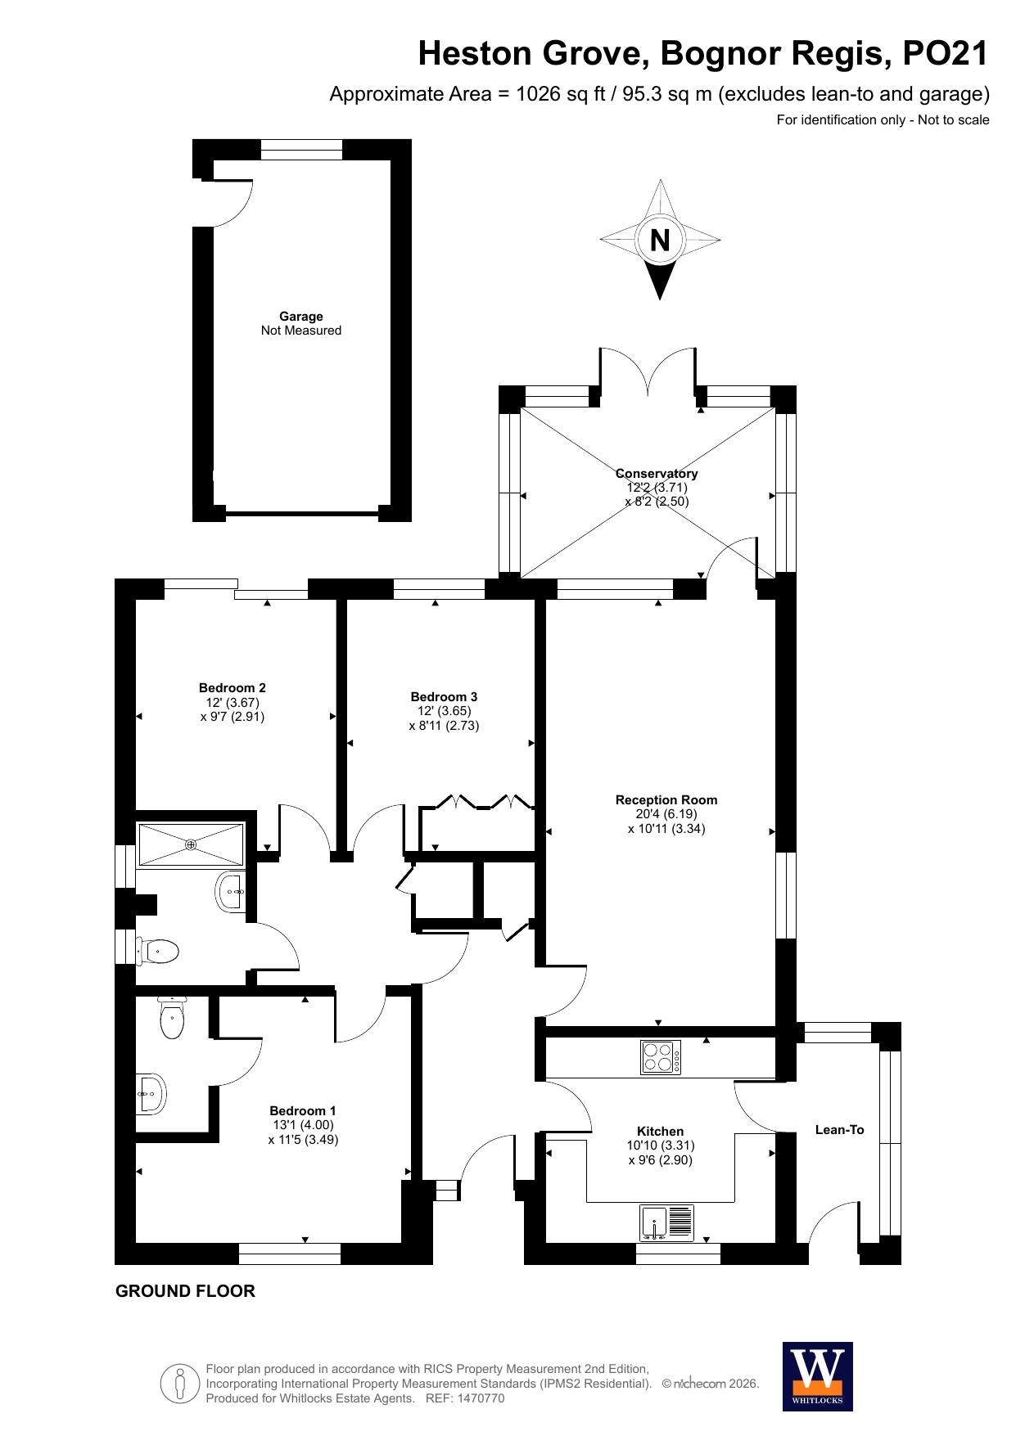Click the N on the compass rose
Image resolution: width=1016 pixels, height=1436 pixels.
[x=660, y=240]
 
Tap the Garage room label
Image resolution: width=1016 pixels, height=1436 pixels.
[x=301, y=317]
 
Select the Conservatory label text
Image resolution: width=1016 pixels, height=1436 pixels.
[x=657, y=474]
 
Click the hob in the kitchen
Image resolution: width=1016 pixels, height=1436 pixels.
[x=661, y=1056]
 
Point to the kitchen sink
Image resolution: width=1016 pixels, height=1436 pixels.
[x=666, y=1222]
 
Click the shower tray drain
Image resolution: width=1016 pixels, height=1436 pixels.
[x=191, y=844]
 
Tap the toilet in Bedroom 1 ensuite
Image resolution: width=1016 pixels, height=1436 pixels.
[x=172, y=1018]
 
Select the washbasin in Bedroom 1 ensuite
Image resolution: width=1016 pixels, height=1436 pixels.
[x=152, y=1094]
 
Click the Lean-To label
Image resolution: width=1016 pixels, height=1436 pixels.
[x=840, y=1130]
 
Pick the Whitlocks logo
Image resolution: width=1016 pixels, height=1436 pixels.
[x=818, y=1377]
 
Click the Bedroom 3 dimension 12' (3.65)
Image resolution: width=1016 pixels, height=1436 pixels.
[x=444, y=711]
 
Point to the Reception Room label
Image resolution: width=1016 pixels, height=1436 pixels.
[x=666, y=800]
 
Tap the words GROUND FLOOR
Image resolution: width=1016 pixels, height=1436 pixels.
[x=185, y=1291]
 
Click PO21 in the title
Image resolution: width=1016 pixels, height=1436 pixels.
[x=946, y=53]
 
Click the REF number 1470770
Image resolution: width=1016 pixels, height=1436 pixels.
[x=481, y=1398]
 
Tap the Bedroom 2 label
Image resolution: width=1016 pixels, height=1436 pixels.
[x=233, y=688]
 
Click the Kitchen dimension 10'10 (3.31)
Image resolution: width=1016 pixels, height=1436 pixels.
[x=661, y=1146]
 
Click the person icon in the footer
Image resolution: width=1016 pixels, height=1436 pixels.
[x=180, y=1384]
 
